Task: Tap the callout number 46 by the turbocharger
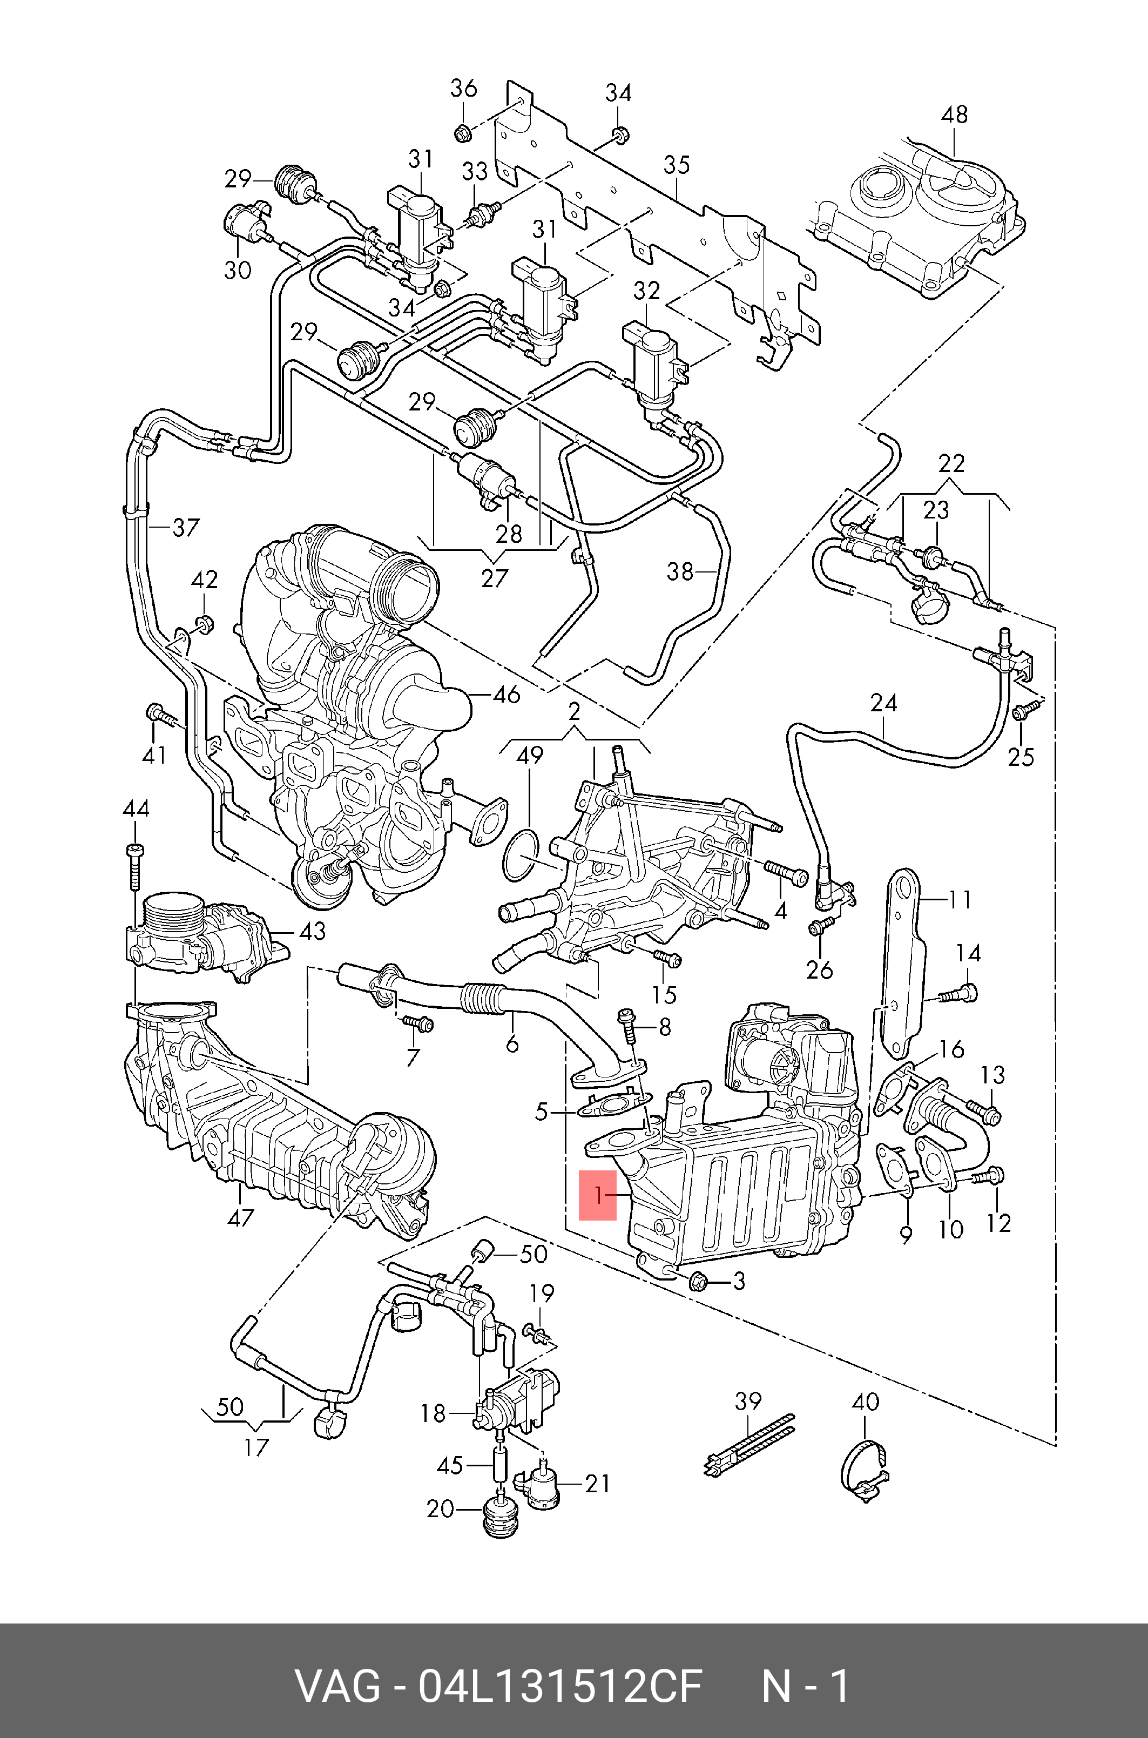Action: click(x=507, y=694)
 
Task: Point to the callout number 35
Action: click(x=677, y=165)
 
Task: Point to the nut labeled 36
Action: click(x=462, y=133)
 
